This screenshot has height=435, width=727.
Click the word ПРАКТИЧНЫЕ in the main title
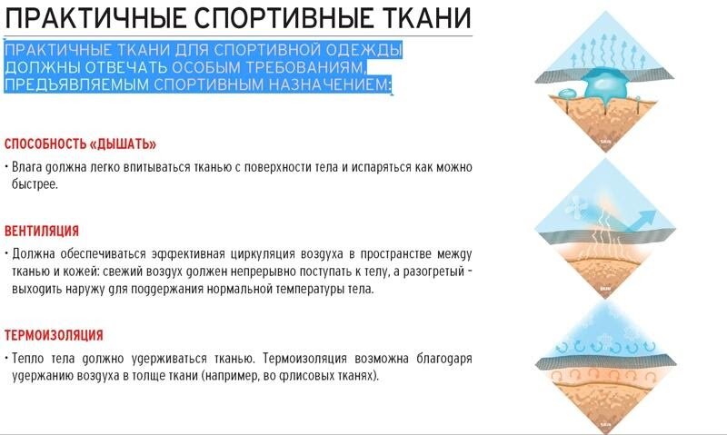95,17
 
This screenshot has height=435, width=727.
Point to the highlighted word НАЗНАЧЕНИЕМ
331,84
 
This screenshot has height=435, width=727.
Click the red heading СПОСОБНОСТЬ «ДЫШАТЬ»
80,144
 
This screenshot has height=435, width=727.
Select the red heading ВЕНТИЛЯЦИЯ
42,231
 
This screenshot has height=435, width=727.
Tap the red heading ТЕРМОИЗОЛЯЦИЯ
54,335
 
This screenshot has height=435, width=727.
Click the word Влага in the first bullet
27,167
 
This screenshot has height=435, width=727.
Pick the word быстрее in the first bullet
35,184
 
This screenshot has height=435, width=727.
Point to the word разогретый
433,272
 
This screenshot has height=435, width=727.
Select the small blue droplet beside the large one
567,94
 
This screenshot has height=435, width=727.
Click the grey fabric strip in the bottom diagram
605,361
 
